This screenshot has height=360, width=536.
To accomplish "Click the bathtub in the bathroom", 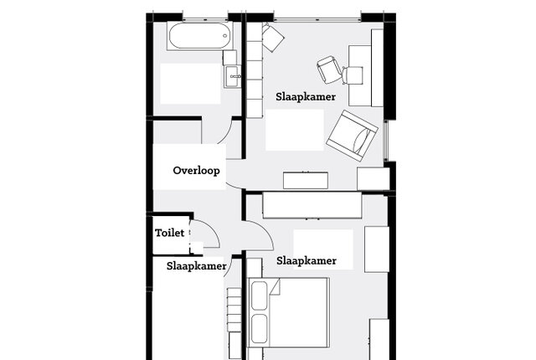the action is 200,36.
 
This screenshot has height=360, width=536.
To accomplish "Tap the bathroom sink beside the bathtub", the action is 233,76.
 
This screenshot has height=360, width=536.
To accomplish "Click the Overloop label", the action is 196,171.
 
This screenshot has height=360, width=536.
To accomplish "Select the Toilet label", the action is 169,233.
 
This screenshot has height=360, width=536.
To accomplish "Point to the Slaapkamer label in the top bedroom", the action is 306,96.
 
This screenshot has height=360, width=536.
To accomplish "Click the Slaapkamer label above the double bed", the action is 307,261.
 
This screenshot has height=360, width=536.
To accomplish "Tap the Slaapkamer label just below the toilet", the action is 196,266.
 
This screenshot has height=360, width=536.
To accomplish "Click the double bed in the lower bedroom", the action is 289,312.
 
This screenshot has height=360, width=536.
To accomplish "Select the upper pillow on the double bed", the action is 259,296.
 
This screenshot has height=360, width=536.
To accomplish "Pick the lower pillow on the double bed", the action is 259,328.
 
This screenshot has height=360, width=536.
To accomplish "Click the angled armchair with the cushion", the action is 352,136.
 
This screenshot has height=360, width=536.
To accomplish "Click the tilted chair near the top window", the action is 273,37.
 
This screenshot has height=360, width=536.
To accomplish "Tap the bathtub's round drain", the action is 225,35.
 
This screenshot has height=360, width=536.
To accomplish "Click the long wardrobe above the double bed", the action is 312,205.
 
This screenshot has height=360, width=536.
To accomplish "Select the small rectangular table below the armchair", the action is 306,180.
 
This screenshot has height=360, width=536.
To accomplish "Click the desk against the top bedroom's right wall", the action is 359,75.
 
